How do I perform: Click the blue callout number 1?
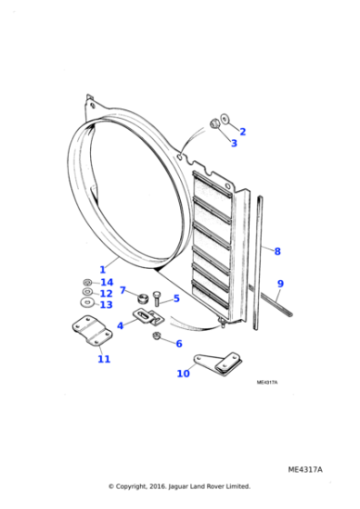click(x=103, y=269)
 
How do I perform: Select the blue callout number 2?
click(x=243, y=132)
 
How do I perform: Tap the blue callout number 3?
click(x=233, y=143)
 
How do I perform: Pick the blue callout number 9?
click(x=281, y=284)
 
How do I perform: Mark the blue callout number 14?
click(x=106, y=283)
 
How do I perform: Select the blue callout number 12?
click(x=106, y=294)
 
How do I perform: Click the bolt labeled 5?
click(x=156, y=296)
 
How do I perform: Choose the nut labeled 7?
click(x=142, y=298)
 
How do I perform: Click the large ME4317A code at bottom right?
click(x=305, y=469)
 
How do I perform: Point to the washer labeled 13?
click(x=86, y=303)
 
